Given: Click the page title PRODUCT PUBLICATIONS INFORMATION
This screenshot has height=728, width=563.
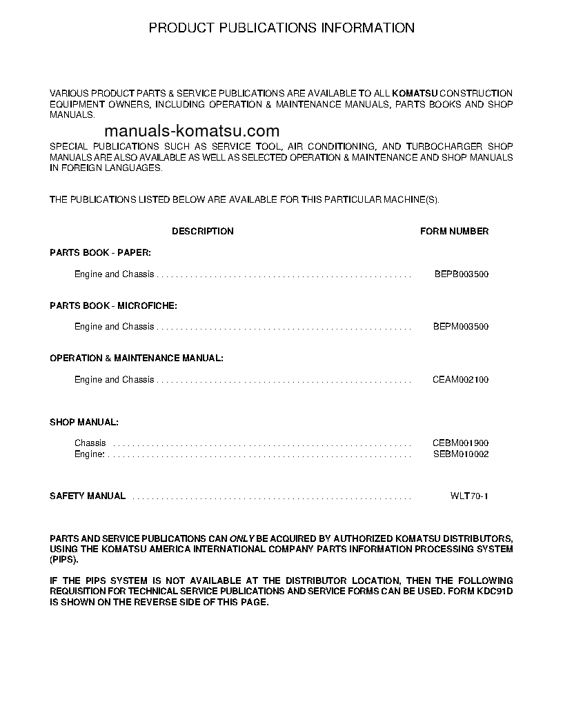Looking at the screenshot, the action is pyautogui.click(x=281, y=28).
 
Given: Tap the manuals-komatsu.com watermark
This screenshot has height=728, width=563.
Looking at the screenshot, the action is pyautogui.click(x=192, y=131).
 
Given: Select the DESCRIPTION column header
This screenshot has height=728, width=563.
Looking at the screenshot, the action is pyautogui.click(x=203, y=232).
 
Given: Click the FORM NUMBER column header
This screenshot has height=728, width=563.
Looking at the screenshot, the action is pyautogui.click(x=454, y=232).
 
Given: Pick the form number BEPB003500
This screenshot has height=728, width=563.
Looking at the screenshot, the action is pyautogui.click(x=461, y=274).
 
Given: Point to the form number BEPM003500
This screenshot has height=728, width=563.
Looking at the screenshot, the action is pyautogui.click(x=461, y=327).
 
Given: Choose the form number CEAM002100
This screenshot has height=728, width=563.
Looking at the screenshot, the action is pyautogui.click(x=461, y=380).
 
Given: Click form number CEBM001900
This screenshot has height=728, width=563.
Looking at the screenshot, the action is pyautogui.click(x=461, y=443).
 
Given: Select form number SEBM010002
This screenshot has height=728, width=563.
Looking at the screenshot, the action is pyautogui.click(x=461, y=454).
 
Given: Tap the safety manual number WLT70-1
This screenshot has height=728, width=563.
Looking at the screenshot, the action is pyautogui.click(x=469, y=496).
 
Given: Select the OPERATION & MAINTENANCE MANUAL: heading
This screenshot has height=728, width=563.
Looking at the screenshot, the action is pyautogui.click(x=137, y=358).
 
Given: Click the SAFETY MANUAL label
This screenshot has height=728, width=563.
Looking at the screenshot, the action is pyautogui.click(x=88, y=496).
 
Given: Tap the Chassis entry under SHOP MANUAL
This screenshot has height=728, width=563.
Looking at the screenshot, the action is pyautogui.click(x=90, y=443).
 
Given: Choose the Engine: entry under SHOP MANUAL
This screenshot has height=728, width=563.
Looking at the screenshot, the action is pyautogui.click(x=90, y=454).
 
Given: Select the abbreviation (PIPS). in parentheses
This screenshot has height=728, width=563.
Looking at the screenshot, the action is pyautogui.click(x=62, y=560).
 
